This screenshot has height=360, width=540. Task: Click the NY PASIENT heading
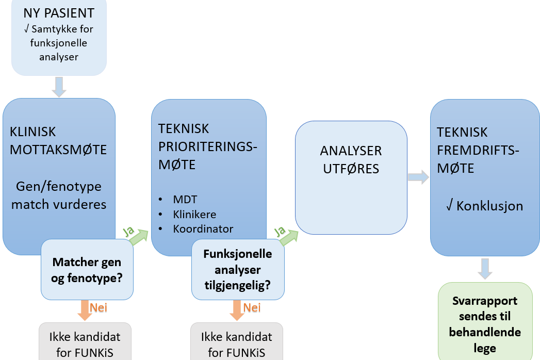tap(58, 13)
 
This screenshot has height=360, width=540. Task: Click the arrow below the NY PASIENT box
tap(59, 86)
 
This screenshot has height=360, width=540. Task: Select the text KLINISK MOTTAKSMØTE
tap(58, 141)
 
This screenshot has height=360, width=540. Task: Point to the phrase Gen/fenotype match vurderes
tap(59, 195)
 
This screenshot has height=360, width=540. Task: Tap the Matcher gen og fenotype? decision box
tap(87, 269)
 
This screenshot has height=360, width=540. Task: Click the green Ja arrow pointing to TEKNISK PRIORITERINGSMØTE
tap(138, 237)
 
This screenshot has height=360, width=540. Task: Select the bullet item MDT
tap(185, 199)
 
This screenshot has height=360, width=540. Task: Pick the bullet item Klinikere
tap(194, 214)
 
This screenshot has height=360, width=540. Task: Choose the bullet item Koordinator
tap(203, 228)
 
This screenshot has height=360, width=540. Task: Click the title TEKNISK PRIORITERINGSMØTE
tap(208, 146)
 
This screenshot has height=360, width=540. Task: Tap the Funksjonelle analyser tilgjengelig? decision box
tap(237, 270)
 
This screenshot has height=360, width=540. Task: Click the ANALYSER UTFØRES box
tap(351, 178)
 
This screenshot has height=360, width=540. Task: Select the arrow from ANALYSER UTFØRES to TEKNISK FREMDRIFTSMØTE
tap(418, 177)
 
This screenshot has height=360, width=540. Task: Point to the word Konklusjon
tap(490, 206)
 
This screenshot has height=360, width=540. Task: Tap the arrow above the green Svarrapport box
tap(485, 268)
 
